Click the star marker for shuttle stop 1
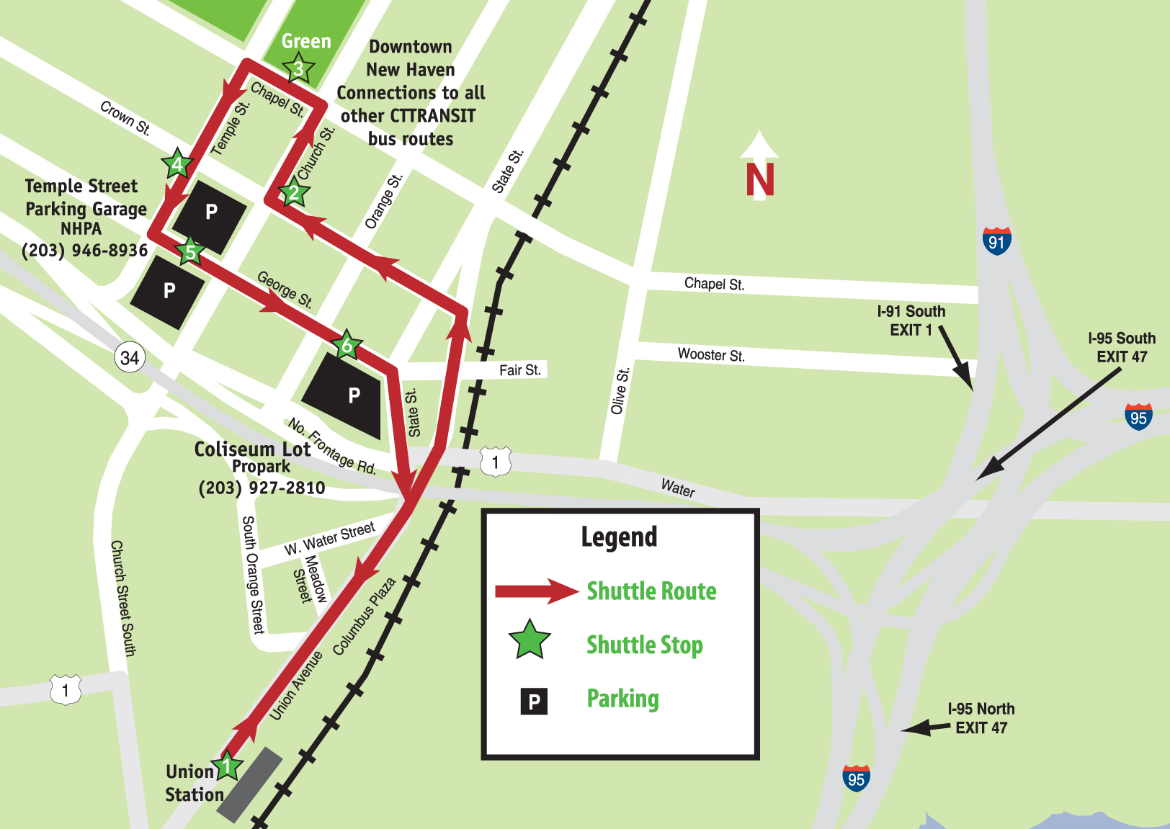click(227, 766)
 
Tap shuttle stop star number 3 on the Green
click(298, 69)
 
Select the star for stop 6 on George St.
click(347, 346)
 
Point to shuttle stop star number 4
click(177, 164)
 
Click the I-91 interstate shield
click(996, 241)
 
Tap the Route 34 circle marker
click(130, 358)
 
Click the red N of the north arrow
click(760, 180)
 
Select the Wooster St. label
click(711, 355)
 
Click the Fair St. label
click(519, 370)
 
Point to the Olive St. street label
click(620, 391)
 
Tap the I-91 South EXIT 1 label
click(911, 321)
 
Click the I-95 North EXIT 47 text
click(981, 718)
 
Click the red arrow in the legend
click(537, 591)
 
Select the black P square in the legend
click(534, 701)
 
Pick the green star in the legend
click(530, 640)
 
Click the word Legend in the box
click(619, 537)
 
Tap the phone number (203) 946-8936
click(84, 251)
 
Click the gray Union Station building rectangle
click(250, 784)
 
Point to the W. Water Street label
click(329, 539)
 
